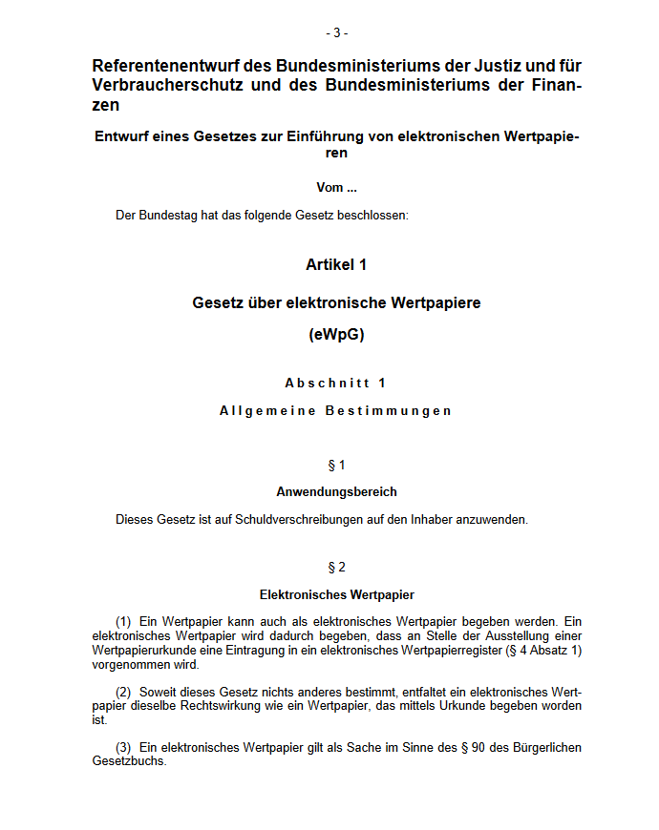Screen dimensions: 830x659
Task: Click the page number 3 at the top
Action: pos(336,32)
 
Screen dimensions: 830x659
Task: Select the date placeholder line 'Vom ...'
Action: pos(336,188)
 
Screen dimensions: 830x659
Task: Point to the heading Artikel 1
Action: pos(336,264)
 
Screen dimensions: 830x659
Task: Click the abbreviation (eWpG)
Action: pos(336,335)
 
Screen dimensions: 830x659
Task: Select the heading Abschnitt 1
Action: pos(336,384)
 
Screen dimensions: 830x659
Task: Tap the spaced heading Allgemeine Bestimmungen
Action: pos(336,411)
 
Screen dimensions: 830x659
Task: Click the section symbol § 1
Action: pos(336,466)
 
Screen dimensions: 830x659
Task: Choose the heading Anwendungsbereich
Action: pos(336,492)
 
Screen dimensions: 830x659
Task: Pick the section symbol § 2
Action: pos(336,568)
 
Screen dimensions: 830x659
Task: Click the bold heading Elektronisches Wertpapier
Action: pos(336,594)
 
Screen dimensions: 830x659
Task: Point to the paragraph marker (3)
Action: pos(123,747)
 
